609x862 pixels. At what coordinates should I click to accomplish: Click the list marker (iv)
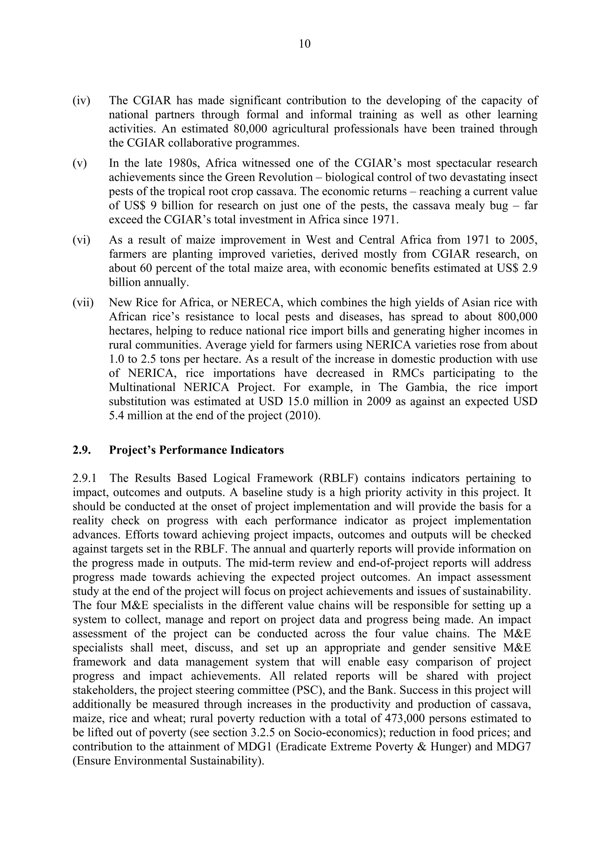click(x=81, y=101)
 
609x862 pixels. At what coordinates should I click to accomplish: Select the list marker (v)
click(x=80, y=163)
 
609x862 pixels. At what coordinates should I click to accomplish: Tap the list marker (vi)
click(x=81, y=240)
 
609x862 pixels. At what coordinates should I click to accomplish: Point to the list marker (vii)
click(x=83, y=303)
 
